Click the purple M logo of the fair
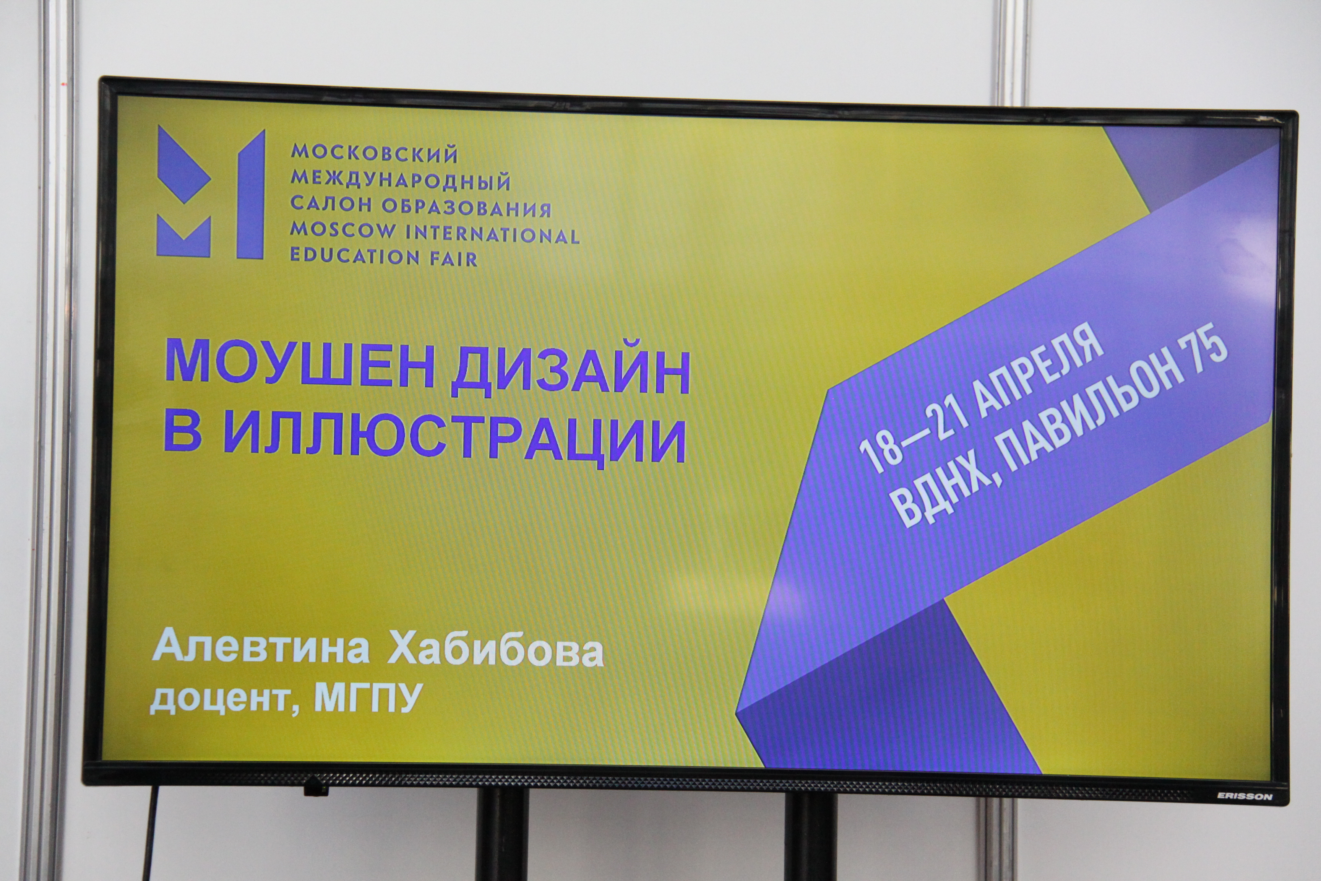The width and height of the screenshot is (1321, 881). point(211,193)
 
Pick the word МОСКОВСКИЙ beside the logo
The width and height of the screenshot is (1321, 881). point(375,153)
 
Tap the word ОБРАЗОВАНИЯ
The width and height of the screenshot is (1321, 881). point(467,207)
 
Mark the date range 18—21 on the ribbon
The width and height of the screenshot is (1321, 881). point(914,436)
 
